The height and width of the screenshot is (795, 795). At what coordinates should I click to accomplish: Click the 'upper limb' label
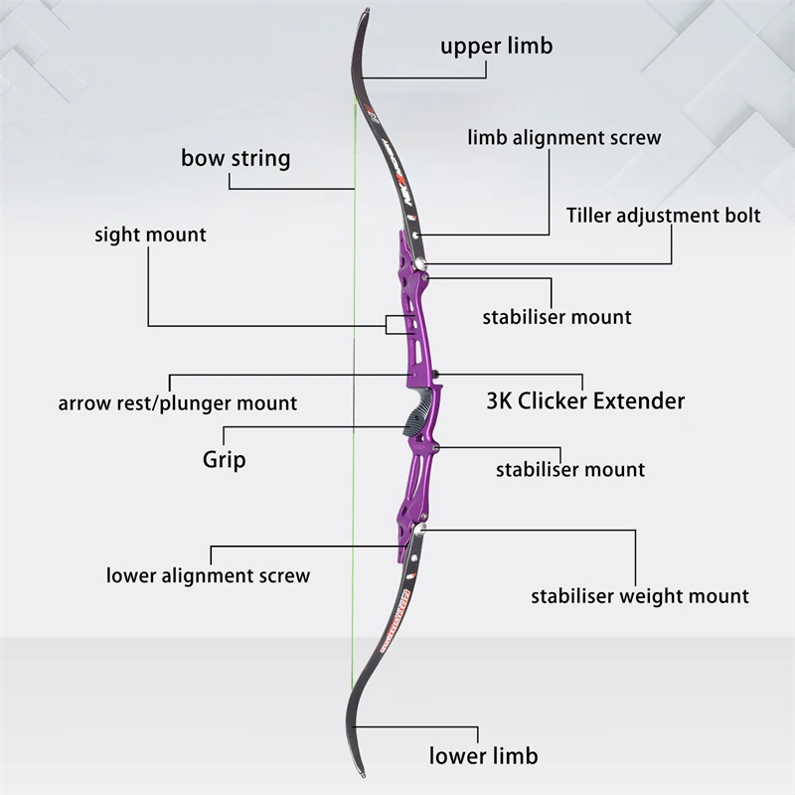[x=496, y=46]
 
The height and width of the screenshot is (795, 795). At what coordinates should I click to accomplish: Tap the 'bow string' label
[x=236, y=158]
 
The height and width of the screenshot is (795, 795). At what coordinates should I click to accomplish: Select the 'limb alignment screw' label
[x=563, y=137]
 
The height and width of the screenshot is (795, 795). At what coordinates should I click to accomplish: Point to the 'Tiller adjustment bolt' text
[x=663, y=215]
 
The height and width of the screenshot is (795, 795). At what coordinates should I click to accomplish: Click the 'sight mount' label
[x=150, y=236]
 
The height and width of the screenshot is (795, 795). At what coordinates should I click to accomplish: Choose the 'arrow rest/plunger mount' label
[x=177, y=402]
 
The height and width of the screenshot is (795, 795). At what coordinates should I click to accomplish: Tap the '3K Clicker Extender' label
[x=585, y=401]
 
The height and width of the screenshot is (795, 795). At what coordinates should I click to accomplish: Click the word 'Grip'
[x=224, y=459]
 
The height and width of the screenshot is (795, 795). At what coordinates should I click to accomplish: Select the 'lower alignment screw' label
[x=208, y=575]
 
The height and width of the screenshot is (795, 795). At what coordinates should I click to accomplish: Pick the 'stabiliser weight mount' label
[x=639, y=596]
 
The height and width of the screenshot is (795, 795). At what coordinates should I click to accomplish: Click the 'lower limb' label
[x=483, y=755]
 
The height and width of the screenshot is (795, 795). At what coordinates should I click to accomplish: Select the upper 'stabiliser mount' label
[x=556, y=317]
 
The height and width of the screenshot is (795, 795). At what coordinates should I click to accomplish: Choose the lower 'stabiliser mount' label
[x=570, y=469]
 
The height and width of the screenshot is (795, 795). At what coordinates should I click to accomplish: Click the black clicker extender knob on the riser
[x=434, y=375]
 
